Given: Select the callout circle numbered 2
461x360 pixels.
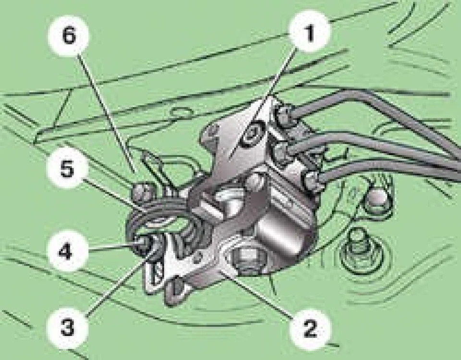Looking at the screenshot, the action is click(310, 328).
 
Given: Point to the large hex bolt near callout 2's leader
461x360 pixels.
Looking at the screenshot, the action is click(246, 259).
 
